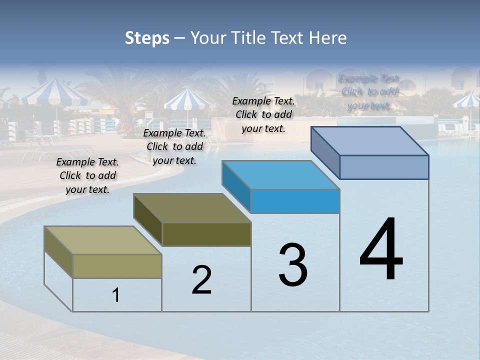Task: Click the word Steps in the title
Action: coord(147,38)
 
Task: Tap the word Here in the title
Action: coord(328,38)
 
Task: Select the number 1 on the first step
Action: coord(116,295)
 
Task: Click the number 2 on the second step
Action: coord(201,280)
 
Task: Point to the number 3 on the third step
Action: coord(292,265)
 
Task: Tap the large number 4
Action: coord(381,250)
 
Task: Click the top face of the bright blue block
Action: coord(280,175)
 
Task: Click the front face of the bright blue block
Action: coord(295,201)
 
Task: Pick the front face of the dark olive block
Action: coord(206,234)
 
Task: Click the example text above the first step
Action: coord(87,175)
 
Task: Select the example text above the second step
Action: coord(174,146)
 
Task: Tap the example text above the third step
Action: coord(263,114)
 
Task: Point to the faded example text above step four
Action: coord(369,92)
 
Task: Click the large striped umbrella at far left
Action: coord(53,92)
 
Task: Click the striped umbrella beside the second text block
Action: coord(187,100)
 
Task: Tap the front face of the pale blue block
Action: coord(384,167)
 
